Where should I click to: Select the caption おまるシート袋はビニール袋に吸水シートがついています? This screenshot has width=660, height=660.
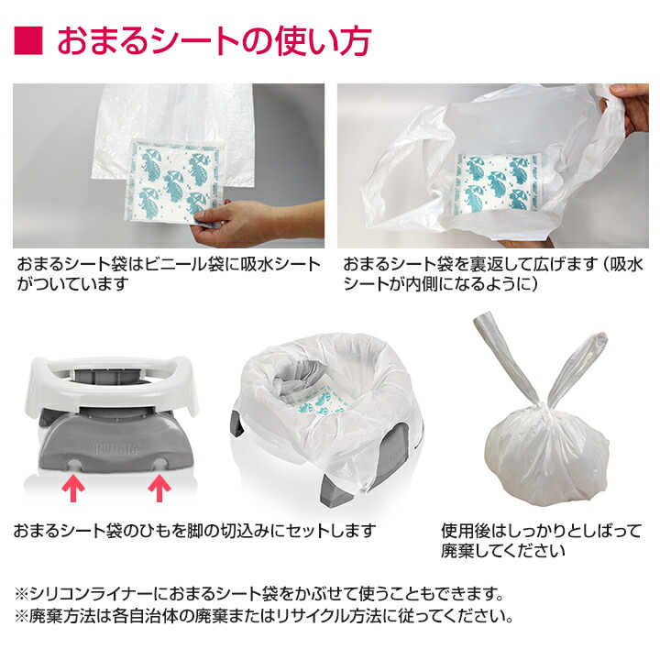[170, 274]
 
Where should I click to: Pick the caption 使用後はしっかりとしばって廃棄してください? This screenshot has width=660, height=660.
[528, 540]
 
